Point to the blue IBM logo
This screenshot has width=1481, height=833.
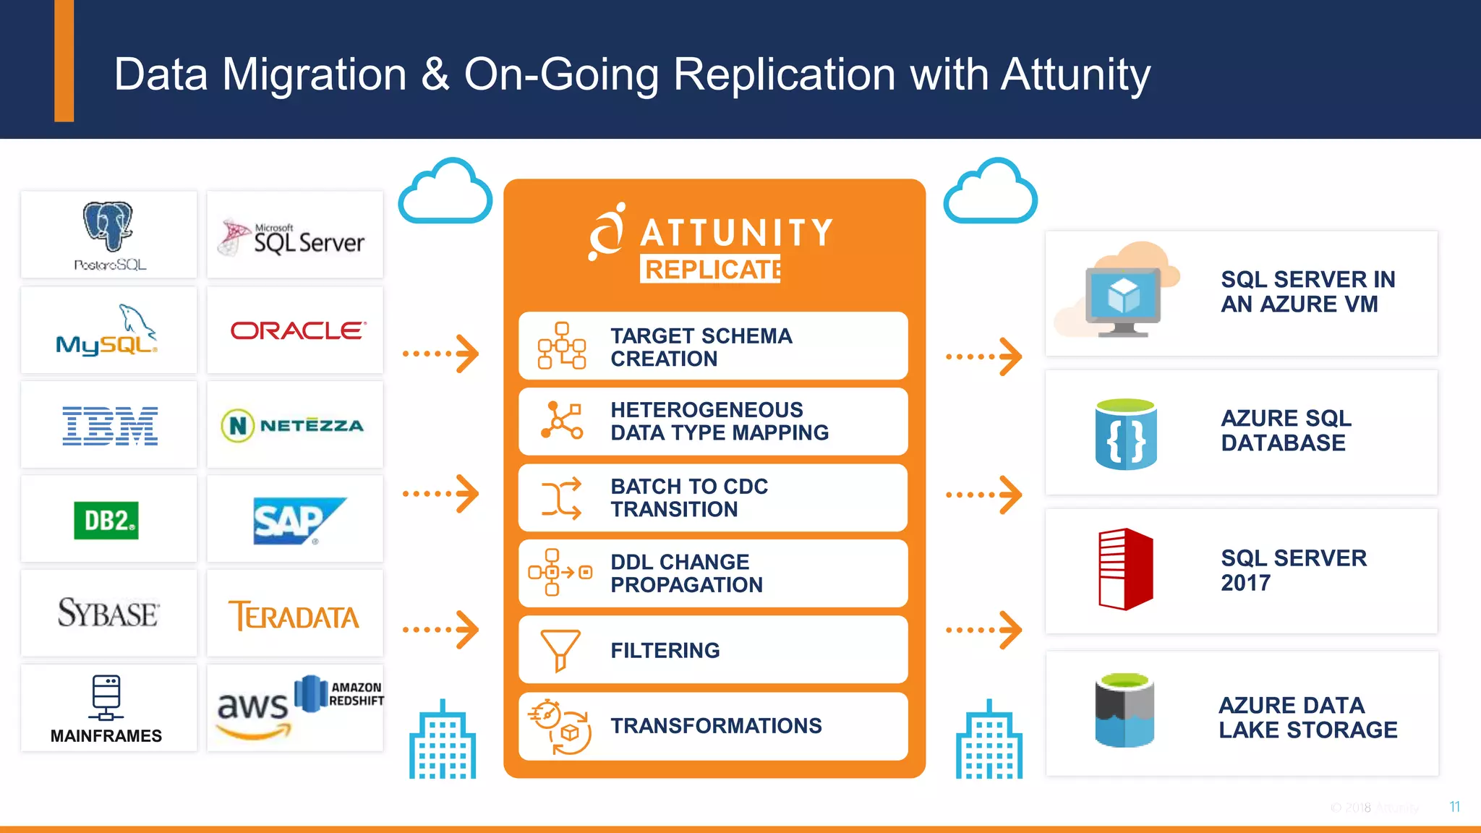110,425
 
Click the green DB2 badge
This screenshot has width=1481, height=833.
106,521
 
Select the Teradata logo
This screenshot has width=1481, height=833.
294,616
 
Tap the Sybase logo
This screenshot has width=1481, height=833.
108,614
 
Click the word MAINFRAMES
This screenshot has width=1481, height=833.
106,736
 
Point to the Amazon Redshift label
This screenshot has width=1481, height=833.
356,694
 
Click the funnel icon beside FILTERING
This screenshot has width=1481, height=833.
560,649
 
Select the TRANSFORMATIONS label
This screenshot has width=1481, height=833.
716,726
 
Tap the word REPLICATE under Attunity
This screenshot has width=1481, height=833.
712,270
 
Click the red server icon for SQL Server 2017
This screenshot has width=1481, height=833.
1125,570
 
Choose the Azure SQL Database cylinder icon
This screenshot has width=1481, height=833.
1125,434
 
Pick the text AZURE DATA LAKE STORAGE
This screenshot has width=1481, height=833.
1307,717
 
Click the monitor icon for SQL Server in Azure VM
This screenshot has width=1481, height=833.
1123,299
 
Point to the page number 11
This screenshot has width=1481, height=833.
1455,807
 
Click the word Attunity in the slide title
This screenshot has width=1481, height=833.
1075,74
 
